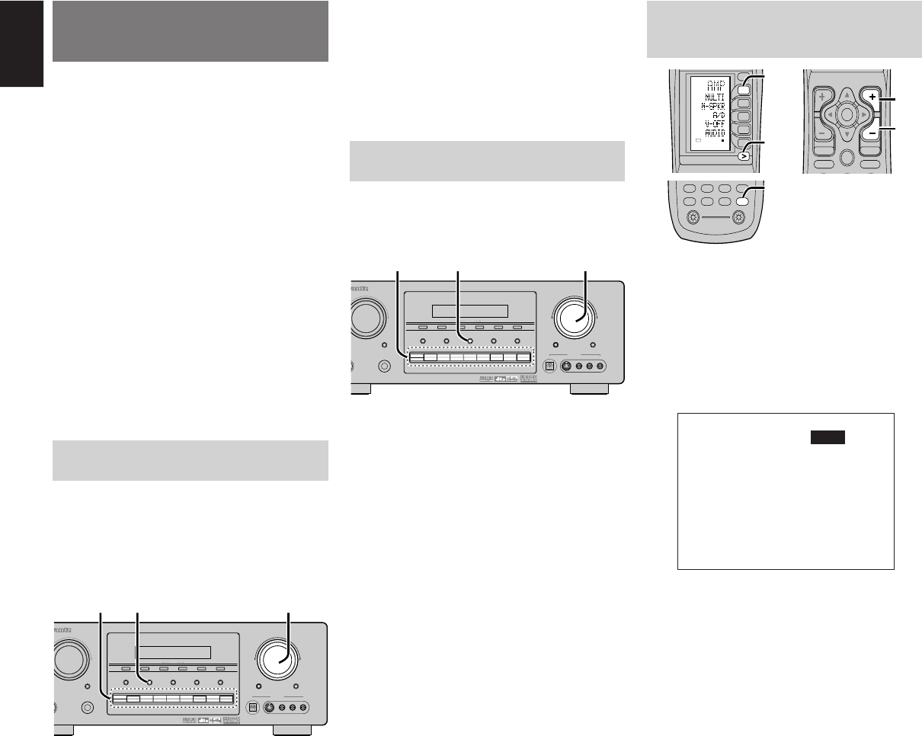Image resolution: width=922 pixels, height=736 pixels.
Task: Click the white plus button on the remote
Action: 873,97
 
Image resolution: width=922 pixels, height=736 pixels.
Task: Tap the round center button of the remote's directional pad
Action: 846,114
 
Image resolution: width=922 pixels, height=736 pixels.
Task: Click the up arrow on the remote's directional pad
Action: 846,94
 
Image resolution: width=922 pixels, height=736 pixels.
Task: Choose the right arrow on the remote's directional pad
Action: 865,114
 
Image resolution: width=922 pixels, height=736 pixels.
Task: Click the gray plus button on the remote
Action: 821,98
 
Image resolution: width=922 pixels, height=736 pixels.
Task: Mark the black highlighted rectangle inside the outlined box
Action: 829,436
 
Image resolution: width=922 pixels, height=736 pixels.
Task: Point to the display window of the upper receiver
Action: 469,311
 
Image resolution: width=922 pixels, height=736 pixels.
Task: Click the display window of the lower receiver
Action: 172,653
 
